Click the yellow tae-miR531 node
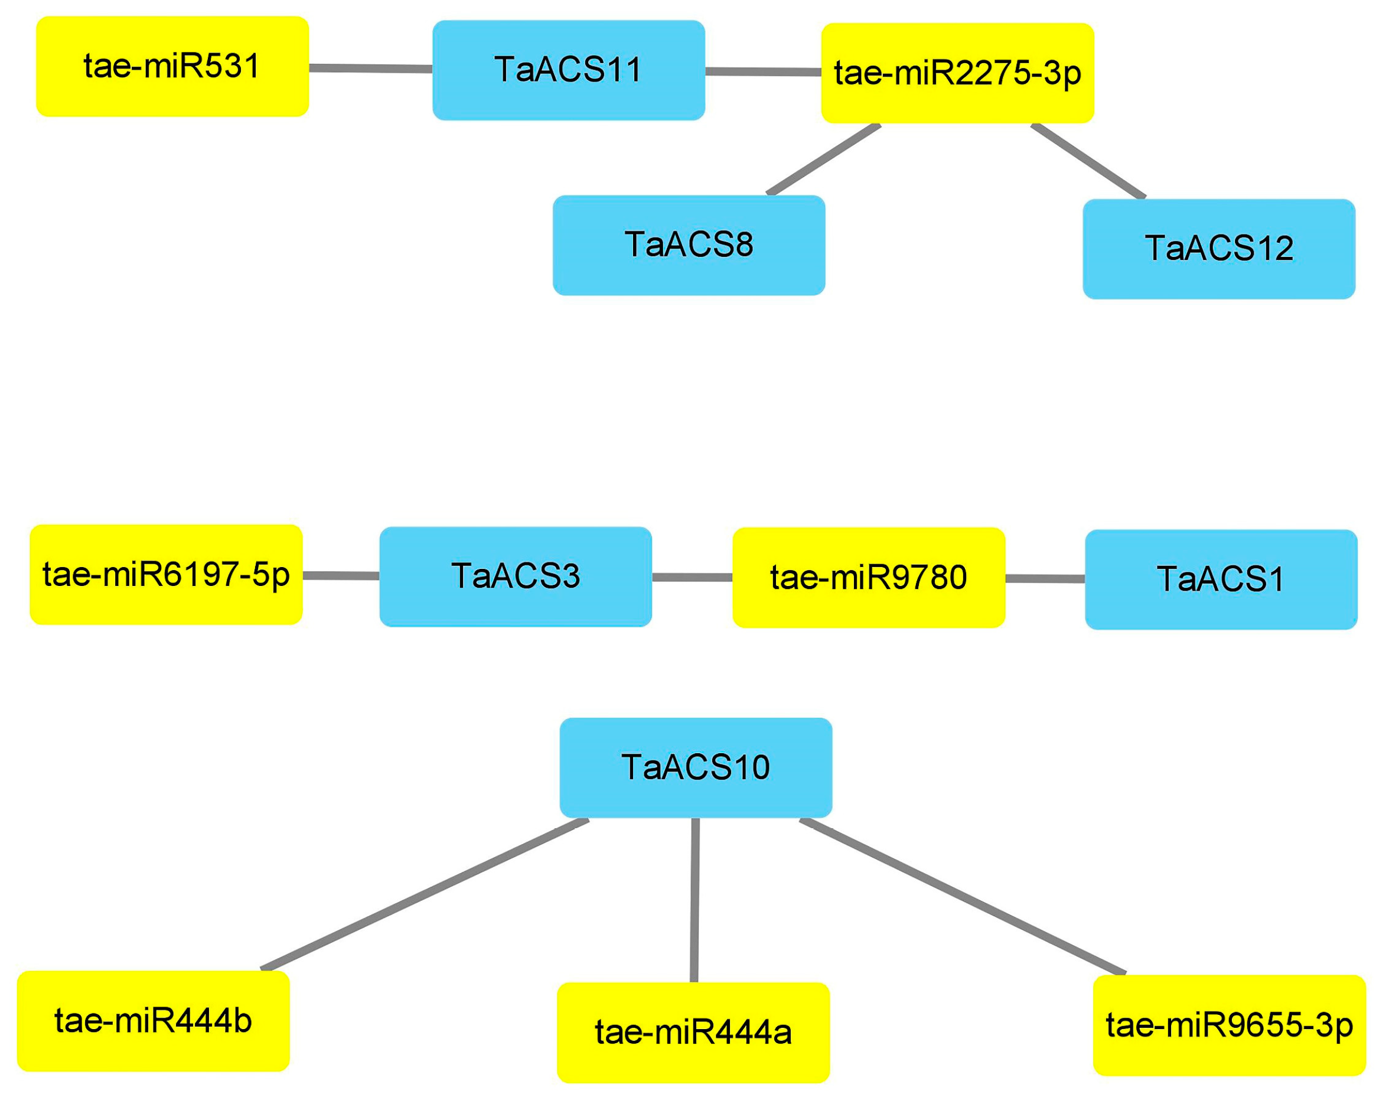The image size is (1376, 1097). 172,66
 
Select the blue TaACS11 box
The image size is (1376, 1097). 569,70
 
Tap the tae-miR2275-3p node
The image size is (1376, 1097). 957,73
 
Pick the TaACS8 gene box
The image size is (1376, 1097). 689,245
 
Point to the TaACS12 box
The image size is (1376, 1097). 1219,249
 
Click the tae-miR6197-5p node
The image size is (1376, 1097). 166,575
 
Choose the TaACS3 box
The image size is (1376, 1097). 516,577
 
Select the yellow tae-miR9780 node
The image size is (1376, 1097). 869,578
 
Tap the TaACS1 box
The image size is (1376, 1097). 1221,580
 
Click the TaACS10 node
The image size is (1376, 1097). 696,767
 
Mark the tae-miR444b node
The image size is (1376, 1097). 153,1021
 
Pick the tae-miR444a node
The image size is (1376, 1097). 693,1033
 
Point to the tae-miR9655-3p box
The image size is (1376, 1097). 1229,1026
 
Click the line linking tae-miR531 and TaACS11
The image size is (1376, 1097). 370,69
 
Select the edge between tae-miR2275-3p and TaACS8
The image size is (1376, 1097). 824,159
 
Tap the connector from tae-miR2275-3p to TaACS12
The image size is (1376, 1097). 1088,161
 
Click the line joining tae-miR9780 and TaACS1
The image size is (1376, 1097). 1045,579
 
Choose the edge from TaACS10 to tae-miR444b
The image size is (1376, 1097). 425,895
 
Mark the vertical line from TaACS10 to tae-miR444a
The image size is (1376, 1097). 694,900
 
